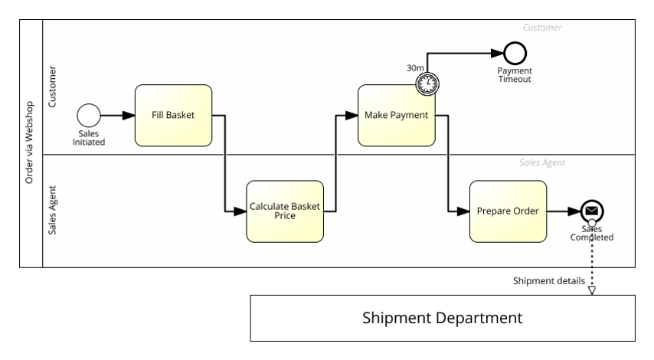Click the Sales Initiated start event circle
coord(89,116)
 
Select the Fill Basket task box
coord(173,116)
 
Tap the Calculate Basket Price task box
coord(285,211)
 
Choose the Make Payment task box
coord(396,116)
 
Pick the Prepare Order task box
coord(508,211)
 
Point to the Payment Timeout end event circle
coord(515,53)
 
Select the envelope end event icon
coord(591,211)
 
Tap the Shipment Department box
coord(443,318)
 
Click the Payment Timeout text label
coord(515,74)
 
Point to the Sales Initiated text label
coord(89,138)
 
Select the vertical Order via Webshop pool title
coord(30,143)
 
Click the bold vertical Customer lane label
coord(53,88)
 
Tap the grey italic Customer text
coord(541,28)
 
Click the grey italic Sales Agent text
coord(541,163)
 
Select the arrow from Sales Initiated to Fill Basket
coord(117,116)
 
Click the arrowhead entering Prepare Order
coord(464,211)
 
